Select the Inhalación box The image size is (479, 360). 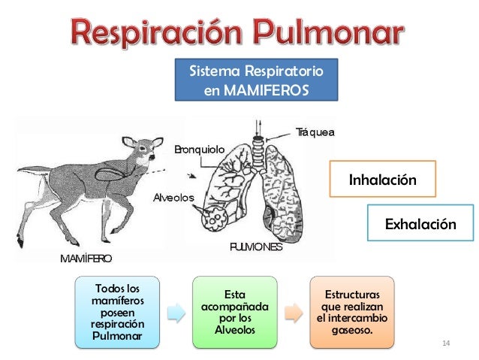pos(382,181)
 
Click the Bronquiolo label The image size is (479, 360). pos(199,150)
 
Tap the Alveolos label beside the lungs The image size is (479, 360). pos(173,198)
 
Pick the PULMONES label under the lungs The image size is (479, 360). pos(256,247)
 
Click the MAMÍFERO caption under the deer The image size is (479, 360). pos(86,259)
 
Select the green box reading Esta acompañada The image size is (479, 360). pos(234,311)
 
